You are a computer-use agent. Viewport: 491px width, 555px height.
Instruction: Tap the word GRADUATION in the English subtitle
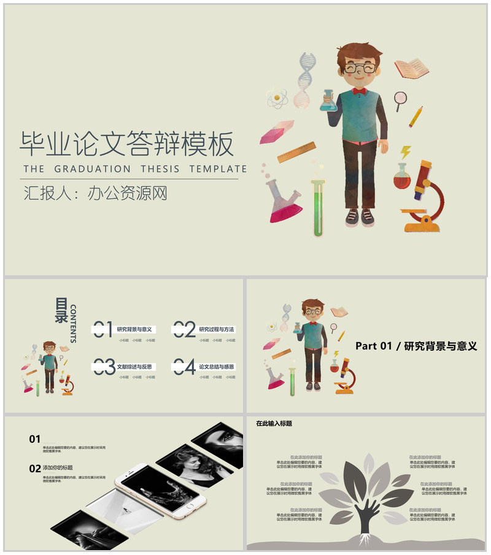(92, 169)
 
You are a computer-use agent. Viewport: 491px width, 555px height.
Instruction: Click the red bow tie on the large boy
(359, 91)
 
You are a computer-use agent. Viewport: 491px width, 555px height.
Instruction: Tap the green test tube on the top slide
(317, 209)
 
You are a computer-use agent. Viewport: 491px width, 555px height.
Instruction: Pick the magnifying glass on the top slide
(401, 100)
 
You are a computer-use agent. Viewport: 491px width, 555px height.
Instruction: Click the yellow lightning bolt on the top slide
(406, 152)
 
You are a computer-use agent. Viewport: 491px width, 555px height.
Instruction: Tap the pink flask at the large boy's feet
(284, 202)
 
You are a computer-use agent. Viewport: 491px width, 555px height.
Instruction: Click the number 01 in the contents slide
(102, 329)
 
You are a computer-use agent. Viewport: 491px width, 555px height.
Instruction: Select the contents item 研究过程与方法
(216, 329)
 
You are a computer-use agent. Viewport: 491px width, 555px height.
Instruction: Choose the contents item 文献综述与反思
(135, 367)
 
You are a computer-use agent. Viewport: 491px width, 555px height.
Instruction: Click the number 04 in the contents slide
(184, 367)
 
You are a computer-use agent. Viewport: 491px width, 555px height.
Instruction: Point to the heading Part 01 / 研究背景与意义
(416, 346)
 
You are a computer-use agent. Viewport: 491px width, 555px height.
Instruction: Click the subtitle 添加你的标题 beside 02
(58, 468)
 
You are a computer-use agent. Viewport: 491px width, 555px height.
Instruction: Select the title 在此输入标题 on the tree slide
(274, 423)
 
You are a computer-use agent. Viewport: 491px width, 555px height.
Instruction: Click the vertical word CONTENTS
(74, 323)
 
